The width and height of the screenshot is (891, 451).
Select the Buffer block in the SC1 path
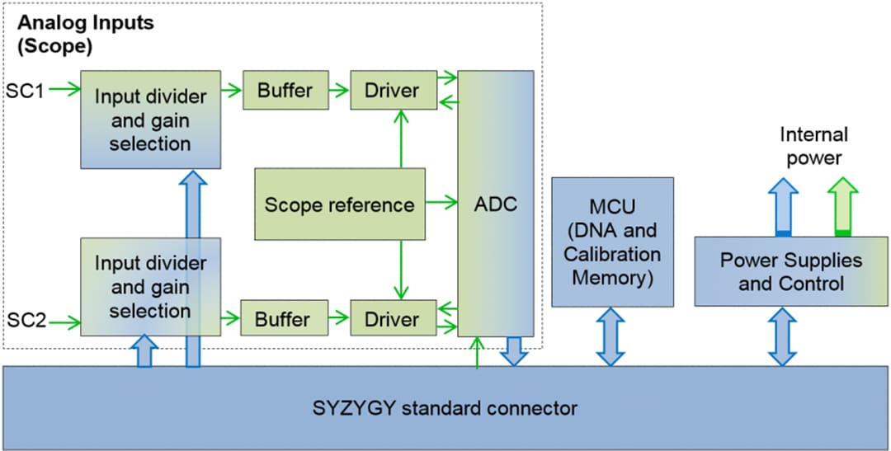click(x=285, y=90)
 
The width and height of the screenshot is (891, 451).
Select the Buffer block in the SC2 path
click(x=282, y=319)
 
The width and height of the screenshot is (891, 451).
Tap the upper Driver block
click(x=393, y=90)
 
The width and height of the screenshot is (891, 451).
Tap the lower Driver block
click(x=393, y=319)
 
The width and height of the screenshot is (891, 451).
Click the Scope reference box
click(x=339, y=204)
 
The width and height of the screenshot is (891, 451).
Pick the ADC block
click(x=496, y=203)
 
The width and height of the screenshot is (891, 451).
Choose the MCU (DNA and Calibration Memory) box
click(x=611, y=242)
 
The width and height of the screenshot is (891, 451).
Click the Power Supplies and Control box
click(x=790, y=271)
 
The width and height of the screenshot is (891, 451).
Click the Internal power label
click(x=813, y=145)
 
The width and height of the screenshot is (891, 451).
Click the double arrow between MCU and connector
click(x=611, y=336)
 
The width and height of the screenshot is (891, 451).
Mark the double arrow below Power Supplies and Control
click(x=783, y=336)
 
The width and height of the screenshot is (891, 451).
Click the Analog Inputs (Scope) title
click(x=86, y=34)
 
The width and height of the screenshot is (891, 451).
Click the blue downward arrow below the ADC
click(x=515, y=351)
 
